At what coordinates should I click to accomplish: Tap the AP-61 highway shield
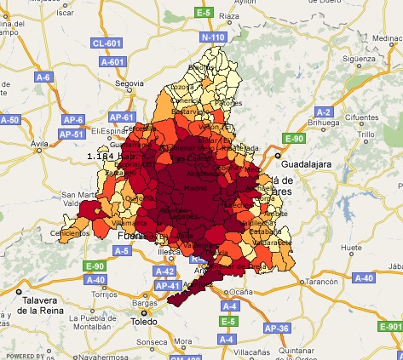point(124,117)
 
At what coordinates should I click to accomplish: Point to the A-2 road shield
point(324,111)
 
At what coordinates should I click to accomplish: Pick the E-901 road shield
point(390,327)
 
